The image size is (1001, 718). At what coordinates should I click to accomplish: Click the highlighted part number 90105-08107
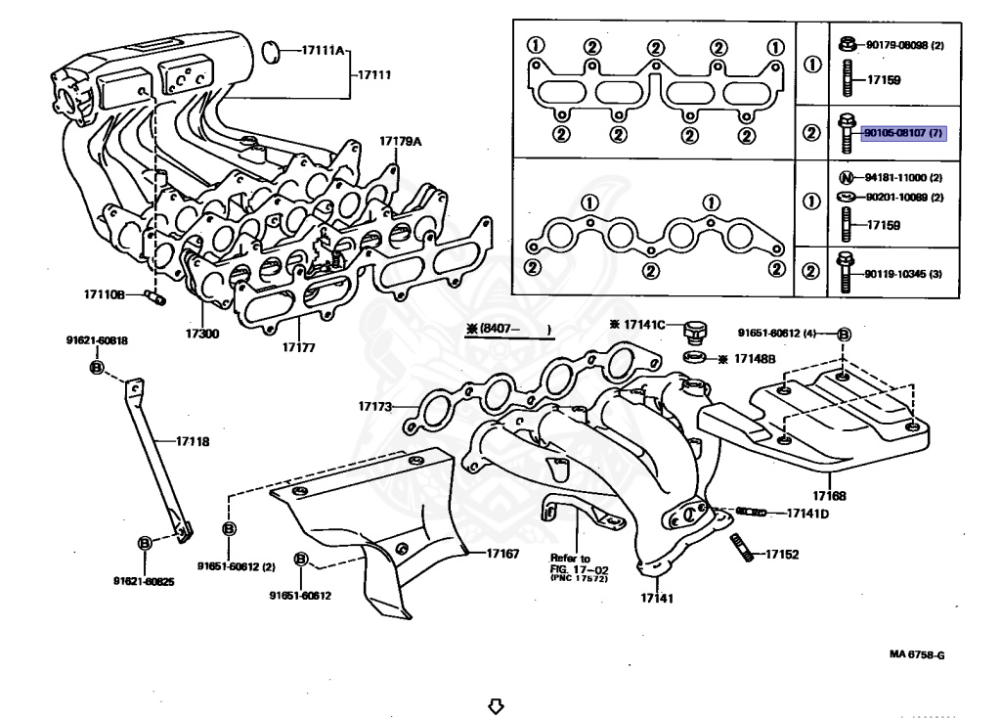tap(902, 133)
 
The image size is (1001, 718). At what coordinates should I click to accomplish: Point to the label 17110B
tap(104, 293)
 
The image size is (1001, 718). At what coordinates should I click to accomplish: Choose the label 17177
tap(299, 347)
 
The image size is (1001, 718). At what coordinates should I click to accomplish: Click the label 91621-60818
tap(97, 340)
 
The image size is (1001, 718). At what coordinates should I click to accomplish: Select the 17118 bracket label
tap(193, 441)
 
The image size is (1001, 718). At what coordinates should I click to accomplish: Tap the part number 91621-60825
tap(144, 581)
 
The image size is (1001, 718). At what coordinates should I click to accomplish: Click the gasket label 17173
tap(374, 406)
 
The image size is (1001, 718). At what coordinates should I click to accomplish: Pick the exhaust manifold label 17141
tap(657, 598)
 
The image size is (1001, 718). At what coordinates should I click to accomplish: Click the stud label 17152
tap(782, 554)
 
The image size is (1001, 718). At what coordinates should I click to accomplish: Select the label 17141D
tap(807, 513)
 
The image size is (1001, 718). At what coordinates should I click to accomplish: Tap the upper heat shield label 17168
tap(829, 496)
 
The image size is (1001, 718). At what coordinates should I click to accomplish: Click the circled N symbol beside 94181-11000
tap(848, 178)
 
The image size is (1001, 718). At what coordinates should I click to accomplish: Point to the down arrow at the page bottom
tap(496, 704)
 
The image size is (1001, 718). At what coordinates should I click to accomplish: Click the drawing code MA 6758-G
tap(916, 654)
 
